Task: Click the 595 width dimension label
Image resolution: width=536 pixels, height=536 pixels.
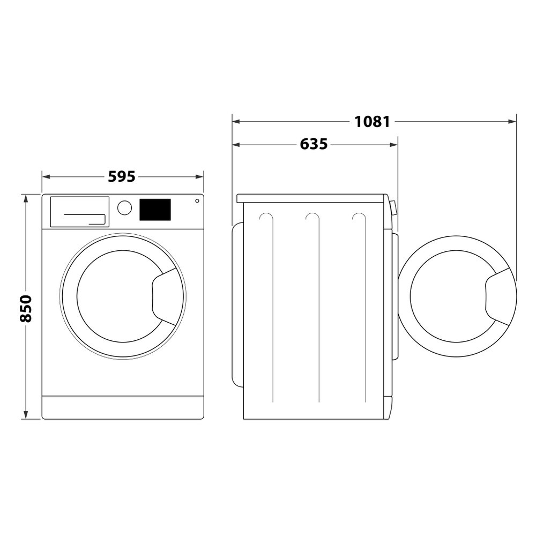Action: (122, 176)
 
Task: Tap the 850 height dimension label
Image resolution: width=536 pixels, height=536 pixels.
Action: (26, 308)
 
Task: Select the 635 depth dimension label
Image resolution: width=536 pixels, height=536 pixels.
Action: (314, 144)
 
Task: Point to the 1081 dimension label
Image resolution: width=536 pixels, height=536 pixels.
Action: (372, 122)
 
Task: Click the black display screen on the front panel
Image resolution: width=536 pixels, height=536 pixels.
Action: (155, 210)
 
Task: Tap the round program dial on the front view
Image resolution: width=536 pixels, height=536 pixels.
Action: (124, 208)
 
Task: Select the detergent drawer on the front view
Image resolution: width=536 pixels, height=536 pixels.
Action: (79, 211)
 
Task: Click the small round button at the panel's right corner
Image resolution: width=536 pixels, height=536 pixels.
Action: (197, 201)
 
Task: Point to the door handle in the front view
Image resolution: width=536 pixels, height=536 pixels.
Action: (166, 296)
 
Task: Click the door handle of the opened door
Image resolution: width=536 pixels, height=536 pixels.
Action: (499, 297)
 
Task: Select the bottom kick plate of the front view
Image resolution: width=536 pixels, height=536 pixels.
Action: (123, 407)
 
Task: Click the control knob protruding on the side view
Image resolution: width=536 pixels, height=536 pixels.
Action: (394, 207)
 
